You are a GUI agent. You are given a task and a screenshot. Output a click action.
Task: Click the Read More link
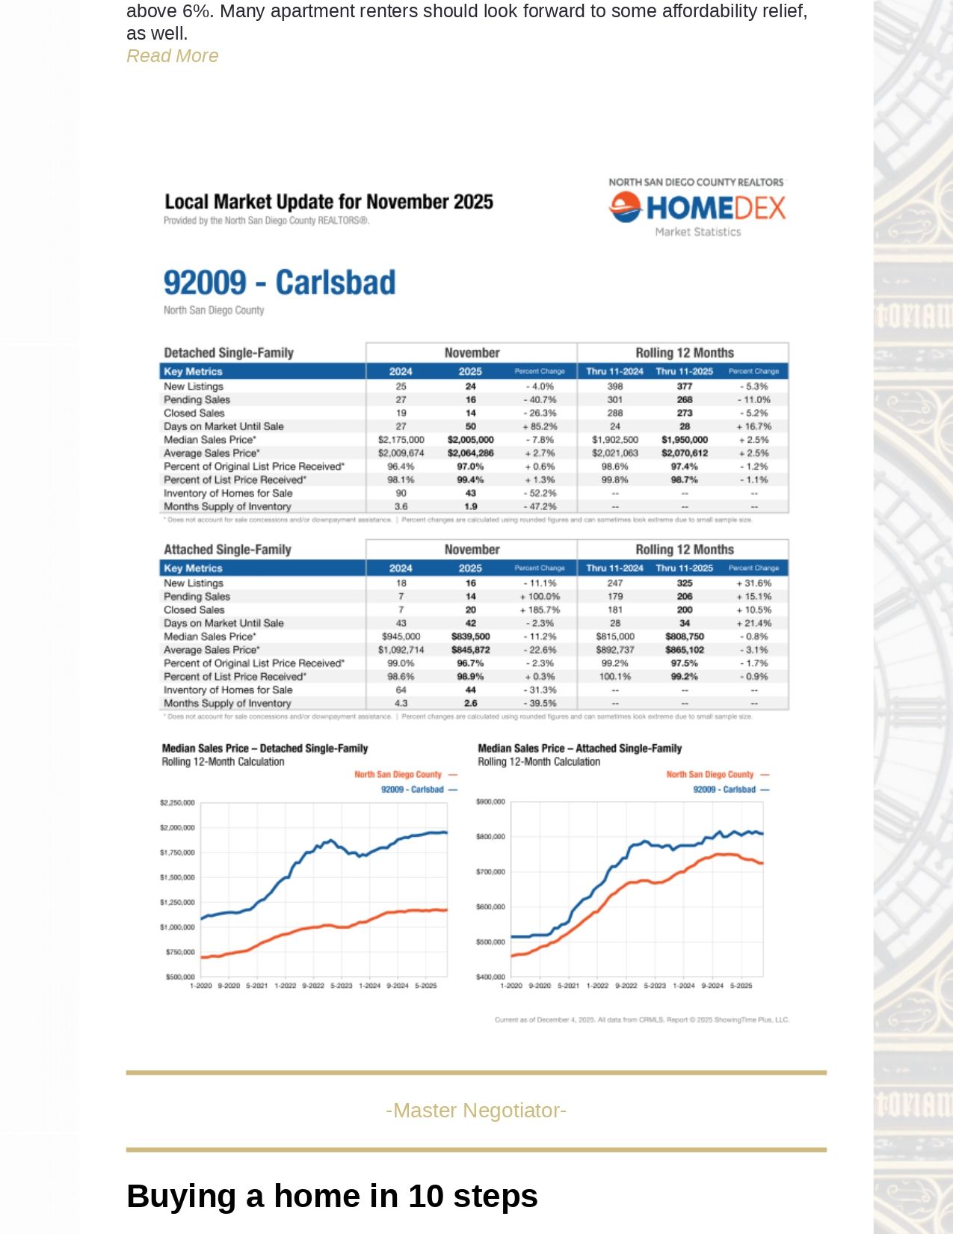point(172,56)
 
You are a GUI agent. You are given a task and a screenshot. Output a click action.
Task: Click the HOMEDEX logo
point(697,207)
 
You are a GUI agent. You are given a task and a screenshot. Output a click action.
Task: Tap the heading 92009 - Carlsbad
point(280,283)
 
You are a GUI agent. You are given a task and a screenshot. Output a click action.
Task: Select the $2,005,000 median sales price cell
point(470,440)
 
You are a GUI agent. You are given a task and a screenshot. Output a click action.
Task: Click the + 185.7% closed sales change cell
point(540,610)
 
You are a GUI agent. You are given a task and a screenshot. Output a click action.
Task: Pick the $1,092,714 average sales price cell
point(401,650)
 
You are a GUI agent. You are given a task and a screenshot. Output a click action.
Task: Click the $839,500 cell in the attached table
point(470,636)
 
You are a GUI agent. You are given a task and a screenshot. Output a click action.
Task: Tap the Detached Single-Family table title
point(229,353)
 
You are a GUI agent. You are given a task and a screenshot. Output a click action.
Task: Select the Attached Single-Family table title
point(227,550)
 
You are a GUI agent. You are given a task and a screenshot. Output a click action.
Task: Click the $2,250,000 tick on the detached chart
point(177,802)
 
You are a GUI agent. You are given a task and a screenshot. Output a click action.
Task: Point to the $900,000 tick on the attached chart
point(490,802)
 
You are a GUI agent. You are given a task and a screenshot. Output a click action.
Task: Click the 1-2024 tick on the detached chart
point(370,986)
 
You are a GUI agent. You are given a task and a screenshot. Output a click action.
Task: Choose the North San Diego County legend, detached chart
point(398,775)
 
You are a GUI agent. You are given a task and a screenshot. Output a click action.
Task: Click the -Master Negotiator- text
point(476,1111)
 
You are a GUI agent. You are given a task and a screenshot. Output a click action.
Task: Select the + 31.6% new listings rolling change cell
point(753,583)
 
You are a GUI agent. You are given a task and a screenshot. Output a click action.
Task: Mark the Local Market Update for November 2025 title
point(329,202)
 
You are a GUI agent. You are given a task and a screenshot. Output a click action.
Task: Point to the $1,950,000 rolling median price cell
point(684,440)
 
